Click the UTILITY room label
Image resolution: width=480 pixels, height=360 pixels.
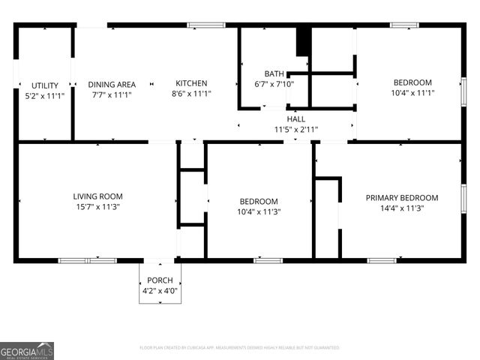pos(44,85)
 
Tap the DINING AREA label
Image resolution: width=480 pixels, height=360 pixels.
pos(112,84)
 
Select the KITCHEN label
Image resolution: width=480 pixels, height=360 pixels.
pos(191,83)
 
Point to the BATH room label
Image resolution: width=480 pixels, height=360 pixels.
pos(274,73)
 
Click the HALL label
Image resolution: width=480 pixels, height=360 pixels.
pos(295,118)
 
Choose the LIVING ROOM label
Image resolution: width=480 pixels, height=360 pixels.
pos(97,196)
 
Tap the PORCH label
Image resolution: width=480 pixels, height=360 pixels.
pos(160,280)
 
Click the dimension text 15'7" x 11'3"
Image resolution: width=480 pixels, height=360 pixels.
pos(97,207)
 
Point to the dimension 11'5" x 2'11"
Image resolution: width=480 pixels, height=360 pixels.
pos(295,129)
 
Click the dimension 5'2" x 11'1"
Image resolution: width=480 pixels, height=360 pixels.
pos(44,96)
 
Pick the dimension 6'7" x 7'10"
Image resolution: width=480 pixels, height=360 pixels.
pos(274,84)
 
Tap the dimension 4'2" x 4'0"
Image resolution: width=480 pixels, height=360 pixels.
pos(160,290)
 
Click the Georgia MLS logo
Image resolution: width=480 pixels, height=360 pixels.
pos(27,350)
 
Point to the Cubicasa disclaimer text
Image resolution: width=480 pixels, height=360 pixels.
pos(239,348)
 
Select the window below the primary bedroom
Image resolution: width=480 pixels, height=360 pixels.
pos(382,260)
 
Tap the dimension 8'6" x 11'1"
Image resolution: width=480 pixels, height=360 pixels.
pos(191,94)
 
